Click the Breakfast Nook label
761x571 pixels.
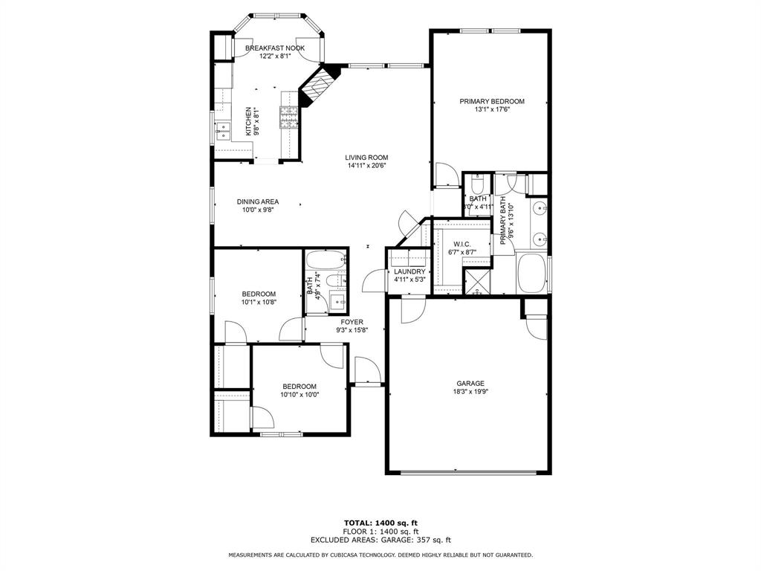click(274, 48)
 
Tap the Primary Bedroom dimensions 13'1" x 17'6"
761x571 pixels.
click(491, 109)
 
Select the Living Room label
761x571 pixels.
click(366, 157)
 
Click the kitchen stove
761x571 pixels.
click(288, 115)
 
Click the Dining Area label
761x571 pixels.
click(258, 201)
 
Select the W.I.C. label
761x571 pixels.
click(462, 245)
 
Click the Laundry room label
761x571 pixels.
click(409, 271)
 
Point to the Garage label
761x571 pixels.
click(470, 384)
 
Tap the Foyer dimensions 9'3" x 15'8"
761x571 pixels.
click(352, 330)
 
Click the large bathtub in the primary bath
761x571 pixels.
click(531, 274)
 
